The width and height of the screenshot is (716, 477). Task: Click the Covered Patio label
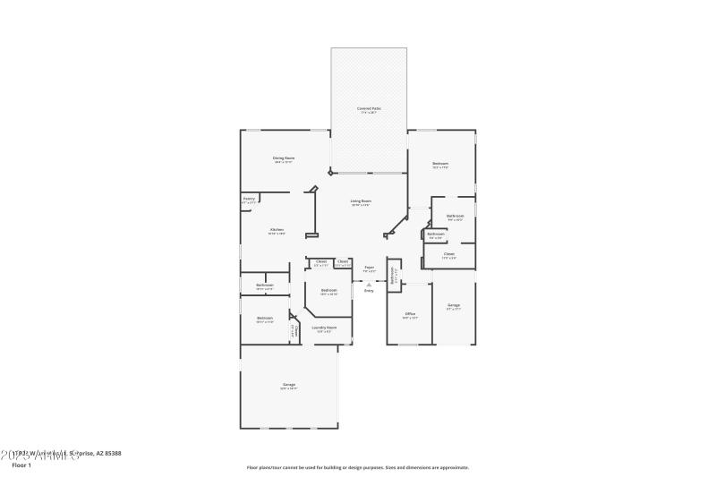(369, 107)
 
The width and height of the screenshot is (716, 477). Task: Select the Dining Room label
(284, 158)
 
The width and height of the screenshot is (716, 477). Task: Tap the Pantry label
(249, 199)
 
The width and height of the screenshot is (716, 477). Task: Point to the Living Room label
(361, 201)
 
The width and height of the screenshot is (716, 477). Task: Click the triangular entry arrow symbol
(369, 284)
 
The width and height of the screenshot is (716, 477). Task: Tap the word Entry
(369, 291)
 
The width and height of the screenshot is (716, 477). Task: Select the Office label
(410, 313)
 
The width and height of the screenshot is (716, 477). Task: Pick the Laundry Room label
(324, 328)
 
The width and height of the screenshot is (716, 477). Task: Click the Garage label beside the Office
(454, 305)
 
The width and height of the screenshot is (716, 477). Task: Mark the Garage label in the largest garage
(288, 385)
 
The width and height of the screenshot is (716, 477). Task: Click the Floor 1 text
(21, 465)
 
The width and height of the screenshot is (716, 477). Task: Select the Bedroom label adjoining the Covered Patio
(440, 164)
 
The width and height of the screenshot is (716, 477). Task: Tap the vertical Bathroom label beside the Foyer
(392, 278)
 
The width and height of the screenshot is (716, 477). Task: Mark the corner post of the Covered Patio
(331, 172)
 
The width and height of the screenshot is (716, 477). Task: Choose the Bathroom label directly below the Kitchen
(264, 285)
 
